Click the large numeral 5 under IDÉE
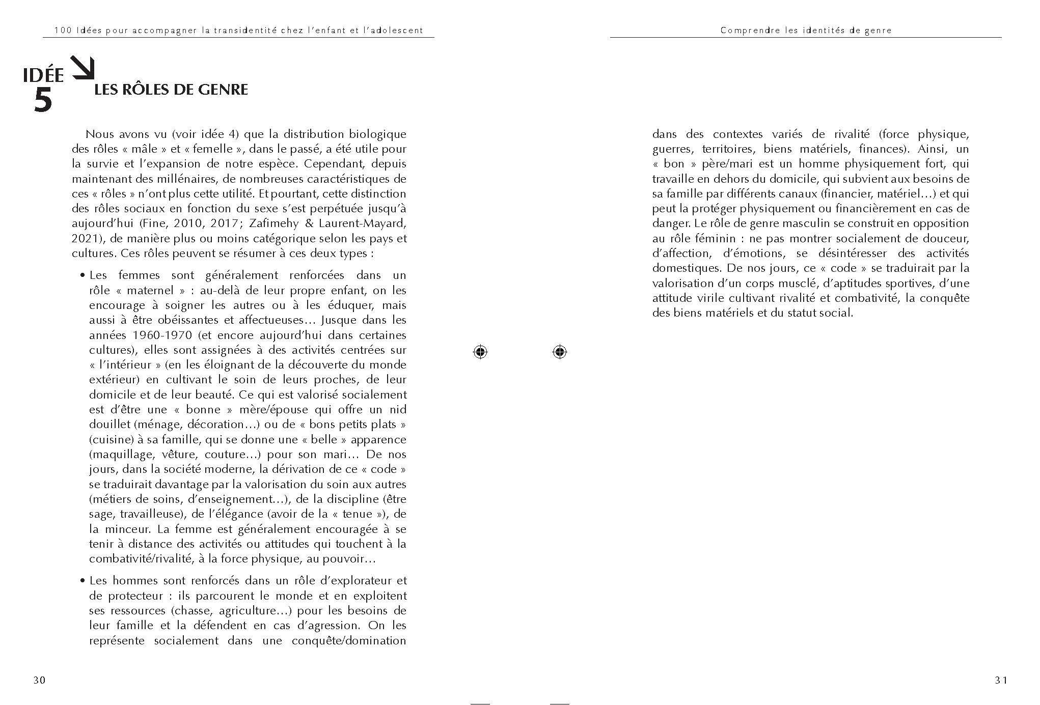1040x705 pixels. pyautogui.click(x=43, y=100)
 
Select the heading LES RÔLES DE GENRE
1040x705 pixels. pyautogui.click(x=171, y=90)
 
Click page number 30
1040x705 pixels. pyautogui.click(x=39, y=680)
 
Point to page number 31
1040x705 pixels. pyautogui.click(x=1001, y=680)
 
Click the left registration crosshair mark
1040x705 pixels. pyautogui.click(x=480, y=352)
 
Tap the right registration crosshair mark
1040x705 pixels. pyautogui.click(x=559, y=352)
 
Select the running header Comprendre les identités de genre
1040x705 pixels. pyautogui.click(x=806, y=31)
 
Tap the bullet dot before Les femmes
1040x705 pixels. pyautogui.click(x=82, y=276)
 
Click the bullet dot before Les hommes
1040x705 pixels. pyautogui.click(x=82, y=581)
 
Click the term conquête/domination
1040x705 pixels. pyautogui.click(x=348, y=640)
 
